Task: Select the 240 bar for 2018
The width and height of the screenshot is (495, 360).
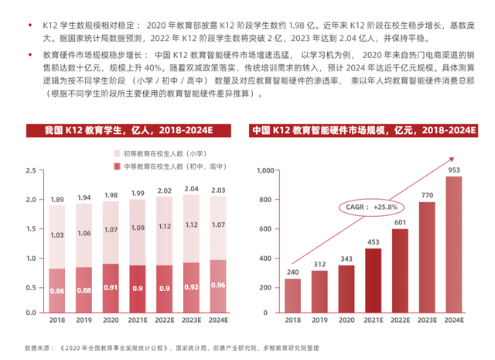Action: tap(292, 295)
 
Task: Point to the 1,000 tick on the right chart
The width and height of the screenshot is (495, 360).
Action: tap(265, 170)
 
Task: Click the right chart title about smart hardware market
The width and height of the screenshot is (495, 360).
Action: tap(364, 130)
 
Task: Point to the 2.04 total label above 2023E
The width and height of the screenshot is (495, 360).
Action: tap(189, 188)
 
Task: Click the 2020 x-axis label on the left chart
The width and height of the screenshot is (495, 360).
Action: tap(111, 320)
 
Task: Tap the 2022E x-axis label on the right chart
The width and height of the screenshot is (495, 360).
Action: tap(399, 320)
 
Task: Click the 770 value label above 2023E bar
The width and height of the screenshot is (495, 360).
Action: tap(426, 195)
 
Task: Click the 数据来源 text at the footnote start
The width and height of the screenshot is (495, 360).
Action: tap(36, 348)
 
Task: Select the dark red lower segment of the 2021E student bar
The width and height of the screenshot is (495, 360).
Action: tap(137, 289)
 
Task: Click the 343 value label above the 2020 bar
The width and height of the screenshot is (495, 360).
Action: tap(346, 258)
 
